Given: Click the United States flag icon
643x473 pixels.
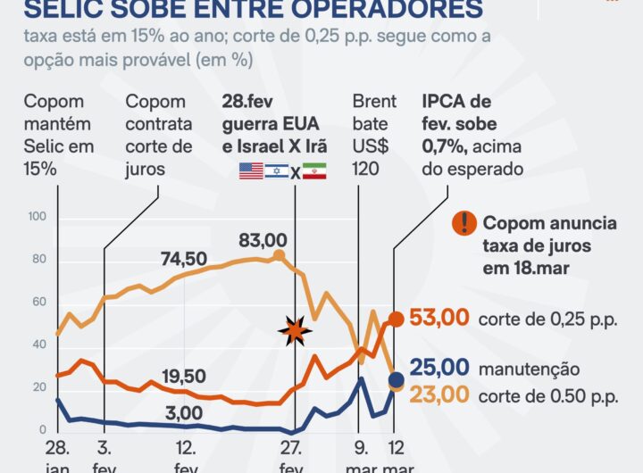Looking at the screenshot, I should (x=251, y=171).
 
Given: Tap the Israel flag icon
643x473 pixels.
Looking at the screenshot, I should (x=277, y=171).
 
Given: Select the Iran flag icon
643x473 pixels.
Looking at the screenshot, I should (x=315, y=171).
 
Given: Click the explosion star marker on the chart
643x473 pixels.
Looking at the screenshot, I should (x=294, y=333).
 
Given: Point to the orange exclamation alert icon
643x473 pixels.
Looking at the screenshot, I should (x=463, y=223).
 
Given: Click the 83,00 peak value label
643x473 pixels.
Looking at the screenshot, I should (x=263, y=240).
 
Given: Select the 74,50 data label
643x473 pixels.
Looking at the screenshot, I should (x=184, y=259).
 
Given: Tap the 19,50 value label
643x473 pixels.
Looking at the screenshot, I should (x=184, y=376).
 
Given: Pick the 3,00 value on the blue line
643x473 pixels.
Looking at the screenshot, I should (x=184, y=413).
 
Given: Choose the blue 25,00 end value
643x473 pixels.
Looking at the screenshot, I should (x=438, y=367).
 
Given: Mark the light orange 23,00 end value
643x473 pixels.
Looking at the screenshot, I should (x=438, y=393).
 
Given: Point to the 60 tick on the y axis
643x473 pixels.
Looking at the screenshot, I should (x=38, y=303).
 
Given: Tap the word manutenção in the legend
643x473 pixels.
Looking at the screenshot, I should (x=529, y=369).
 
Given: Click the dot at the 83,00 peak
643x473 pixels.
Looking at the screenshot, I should (x=279, y=255).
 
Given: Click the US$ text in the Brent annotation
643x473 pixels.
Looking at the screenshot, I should (x=369, y=146).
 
